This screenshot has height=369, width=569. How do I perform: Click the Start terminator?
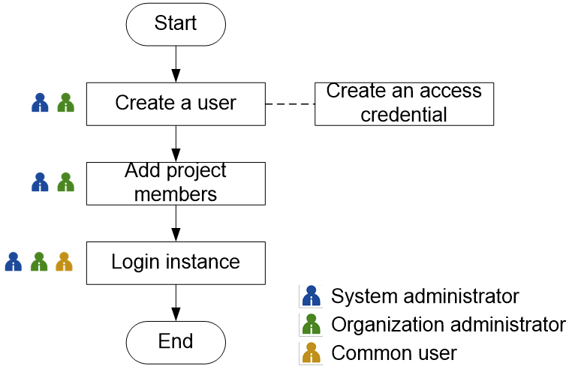(176, 24)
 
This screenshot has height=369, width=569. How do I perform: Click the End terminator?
(176, 342)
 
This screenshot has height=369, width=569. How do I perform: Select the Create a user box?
(176, 103)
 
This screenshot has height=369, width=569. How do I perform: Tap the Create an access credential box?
(404, 103)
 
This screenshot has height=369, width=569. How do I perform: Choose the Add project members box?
(176, 183)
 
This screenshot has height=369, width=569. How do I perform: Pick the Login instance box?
(176, 262)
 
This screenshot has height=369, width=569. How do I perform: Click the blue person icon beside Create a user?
(41, 103)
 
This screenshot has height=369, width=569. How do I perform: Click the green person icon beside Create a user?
(66, 103)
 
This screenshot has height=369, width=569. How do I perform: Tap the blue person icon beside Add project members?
(41, 182)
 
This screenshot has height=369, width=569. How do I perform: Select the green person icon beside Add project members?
(66, 182)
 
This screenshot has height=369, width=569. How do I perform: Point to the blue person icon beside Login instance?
(14, 262)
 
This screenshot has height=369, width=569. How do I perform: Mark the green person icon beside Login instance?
(39, 262)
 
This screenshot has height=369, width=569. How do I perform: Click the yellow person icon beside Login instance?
(65, 262)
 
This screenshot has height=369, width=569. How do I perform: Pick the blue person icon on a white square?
(311, 296)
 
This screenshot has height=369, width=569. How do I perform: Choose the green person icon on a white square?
(311, 325)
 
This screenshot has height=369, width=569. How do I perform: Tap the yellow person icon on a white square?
(311, 353)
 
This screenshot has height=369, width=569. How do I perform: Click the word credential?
(404, 115)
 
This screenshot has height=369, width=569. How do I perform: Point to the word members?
(176, 194)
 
